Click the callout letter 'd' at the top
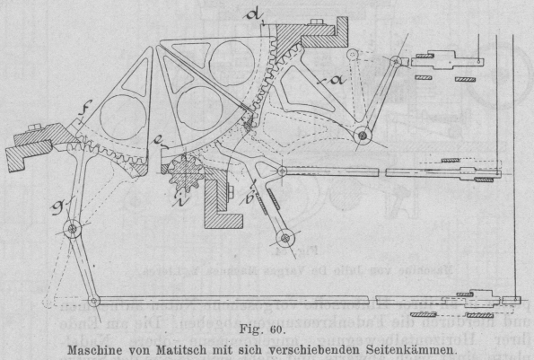[x=254, y=16]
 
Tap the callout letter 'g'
[x=57, y=208]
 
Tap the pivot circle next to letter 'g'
[x=72, y=229]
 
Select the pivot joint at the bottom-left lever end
[x=93, y=301]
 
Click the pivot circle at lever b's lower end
[x=285, y=238]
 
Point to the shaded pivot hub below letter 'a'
[x=363, y=136]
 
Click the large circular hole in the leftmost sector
[x=123, y=118]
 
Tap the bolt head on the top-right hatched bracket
[x=316, y=22]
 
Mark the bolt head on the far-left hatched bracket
[x=34, y=127]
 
